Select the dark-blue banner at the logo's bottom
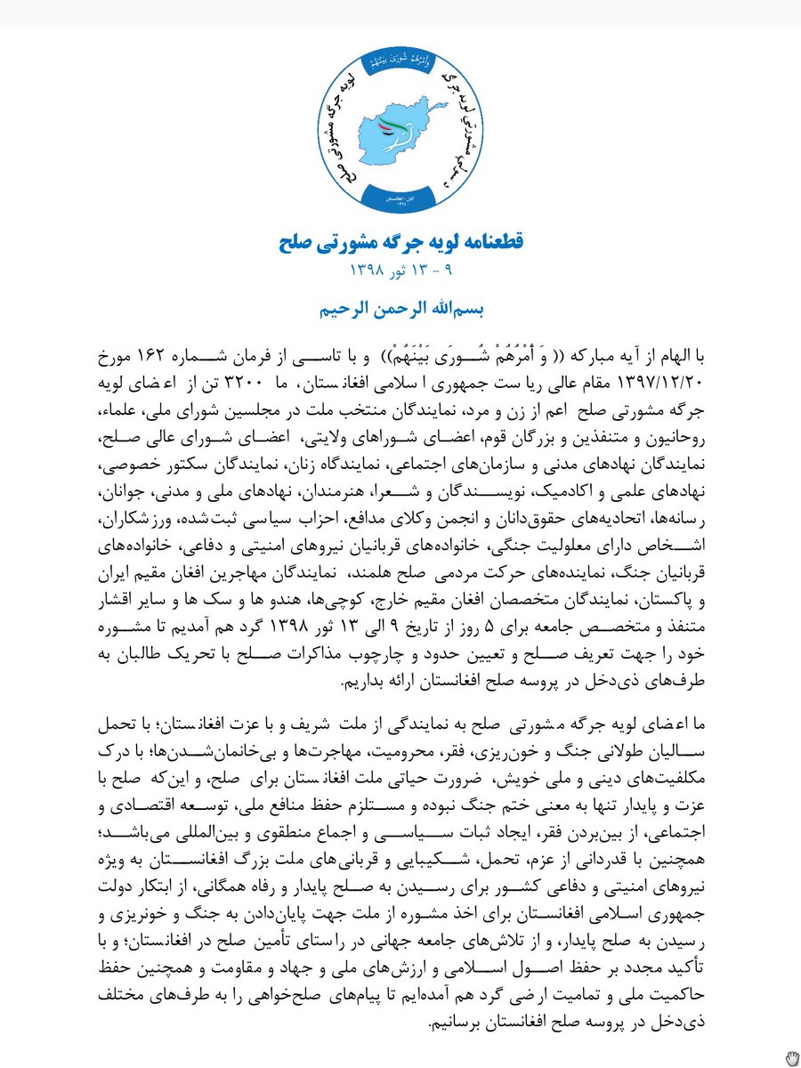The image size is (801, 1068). [400, 197]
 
